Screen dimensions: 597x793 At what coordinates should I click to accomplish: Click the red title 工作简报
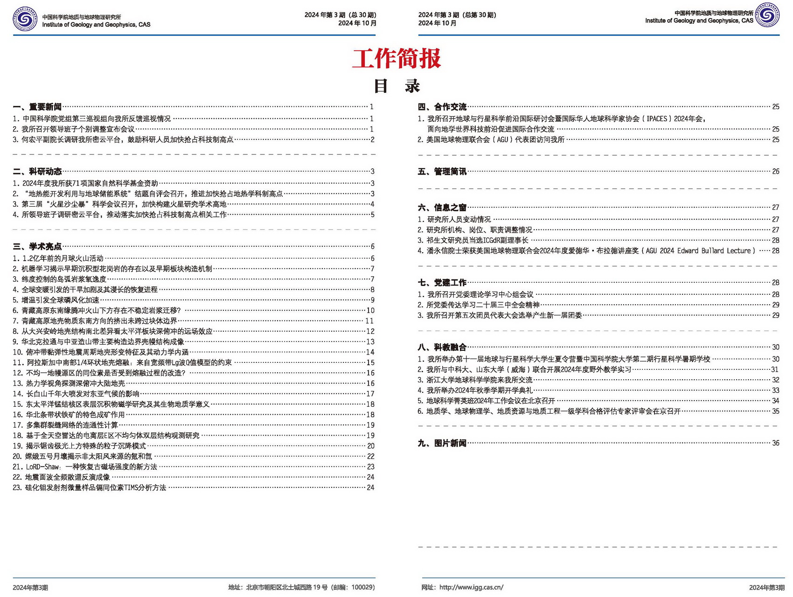396,59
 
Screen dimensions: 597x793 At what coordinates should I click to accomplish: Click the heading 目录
396,86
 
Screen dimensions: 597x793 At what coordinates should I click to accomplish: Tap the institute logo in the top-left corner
25,19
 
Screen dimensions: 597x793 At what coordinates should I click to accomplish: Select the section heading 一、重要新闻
37,107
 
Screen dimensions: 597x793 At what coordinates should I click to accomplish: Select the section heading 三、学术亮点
37,246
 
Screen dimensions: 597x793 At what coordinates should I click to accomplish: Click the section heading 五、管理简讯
442,172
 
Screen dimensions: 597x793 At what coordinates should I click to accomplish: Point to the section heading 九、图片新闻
442,443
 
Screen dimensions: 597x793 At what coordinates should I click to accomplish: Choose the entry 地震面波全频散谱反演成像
68,477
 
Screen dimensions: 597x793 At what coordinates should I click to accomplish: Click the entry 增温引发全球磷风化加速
61,300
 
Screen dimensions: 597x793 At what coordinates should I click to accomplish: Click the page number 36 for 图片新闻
776,443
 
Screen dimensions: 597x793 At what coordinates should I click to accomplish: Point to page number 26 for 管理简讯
776,172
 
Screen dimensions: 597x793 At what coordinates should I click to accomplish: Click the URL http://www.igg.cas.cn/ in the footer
471,587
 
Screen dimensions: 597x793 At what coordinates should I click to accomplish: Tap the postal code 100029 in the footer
362,587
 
